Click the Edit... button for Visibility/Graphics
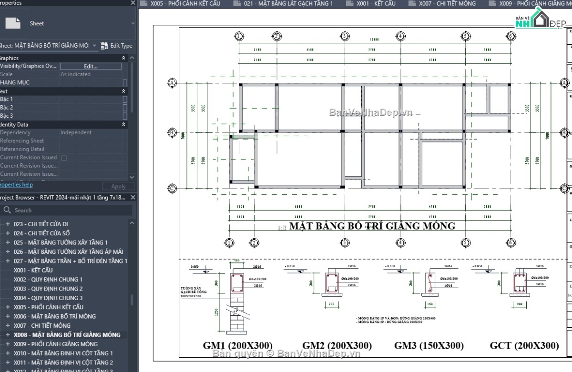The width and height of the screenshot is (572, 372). [x=91, y=66]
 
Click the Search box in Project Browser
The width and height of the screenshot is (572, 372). [x=67, y=210]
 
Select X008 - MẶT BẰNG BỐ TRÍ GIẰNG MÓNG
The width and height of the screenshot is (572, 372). [x=67, y=335]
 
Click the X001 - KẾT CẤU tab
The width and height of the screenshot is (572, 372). [x=376, y=4]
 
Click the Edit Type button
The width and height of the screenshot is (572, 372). [x=117, y=46]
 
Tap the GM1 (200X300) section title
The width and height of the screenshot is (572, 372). [x=238, y=346]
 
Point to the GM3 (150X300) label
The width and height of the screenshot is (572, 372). [x=429, y=346]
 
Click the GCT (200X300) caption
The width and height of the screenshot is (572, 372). [x=524, y=346]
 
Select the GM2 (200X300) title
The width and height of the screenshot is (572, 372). [x=337, y=346]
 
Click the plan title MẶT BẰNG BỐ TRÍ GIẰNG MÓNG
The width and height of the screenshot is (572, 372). [x=372, y=226]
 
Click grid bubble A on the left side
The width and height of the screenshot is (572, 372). [x=172, y=83]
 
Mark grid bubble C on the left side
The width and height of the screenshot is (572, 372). [x=172, y=189]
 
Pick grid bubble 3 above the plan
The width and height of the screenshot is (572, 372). [x=345, y=36]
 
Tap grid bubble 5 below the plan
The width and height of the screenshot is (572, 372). [x=466, y=242]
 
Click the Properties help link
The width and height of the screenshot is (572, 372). [x=16, y=185]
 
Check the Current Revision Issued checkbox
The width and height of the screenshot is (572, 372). [x=64, y=158]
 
